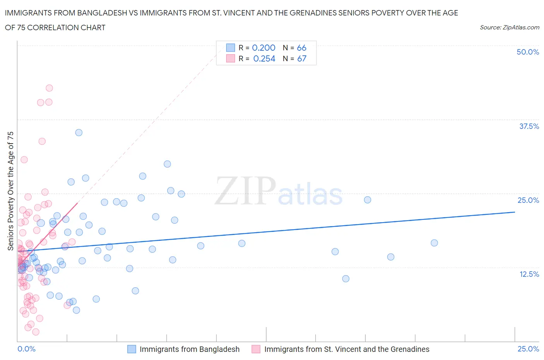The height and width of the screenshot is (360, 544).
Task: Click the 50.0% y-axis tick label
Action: coord(528,52)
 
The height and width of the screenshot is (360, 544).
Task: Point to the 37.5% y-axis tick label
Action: coord(529,126)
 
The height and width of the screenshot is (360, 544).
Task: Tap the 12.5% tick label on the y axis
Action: coord(529,274)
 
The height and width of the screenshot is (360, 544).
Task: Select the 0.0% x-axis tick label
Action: coord(26,349)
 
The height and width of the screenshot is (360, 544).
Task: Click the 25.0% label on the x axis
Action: coord(528,349)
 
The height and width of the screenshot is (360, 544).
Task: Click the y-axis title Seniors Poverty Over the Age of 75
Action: coord(10,191)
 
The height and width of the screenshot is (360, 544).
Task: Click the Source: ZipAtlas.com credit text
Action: coord(509,27)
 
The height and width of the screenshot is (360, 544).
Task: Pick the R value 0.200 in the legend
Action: coord(263,48)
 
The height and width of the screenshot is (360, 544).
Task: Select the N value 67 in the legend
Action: coord(301,58)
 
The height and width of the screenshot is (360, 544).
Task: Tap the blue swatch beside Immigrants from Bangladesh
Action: coord(132,349)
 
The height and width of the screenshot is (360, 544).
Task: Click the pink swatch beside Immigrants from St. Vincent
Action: coord(256,349)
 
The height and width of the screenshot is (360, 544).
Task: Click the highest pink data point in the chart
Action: coord(49,88)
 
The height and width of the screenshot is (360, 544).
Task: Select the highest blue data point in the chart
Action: coord(79,132)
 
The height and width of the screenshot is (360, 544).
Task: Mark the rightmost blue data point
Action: coord(434,243)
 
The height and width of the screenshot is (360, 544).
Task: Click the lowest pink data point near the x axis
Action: coord(36,332)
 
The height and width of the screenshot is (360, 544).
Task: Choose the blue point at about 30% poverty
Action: coord(167,164)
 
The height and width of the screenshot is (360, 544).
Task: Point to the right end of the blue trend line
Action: coord(515,212)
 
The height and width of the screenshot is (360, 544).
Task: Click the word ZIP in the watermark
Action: coord(245,191)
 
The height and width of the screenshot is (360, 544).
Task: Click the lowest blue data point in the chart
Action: coord(76,310)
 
